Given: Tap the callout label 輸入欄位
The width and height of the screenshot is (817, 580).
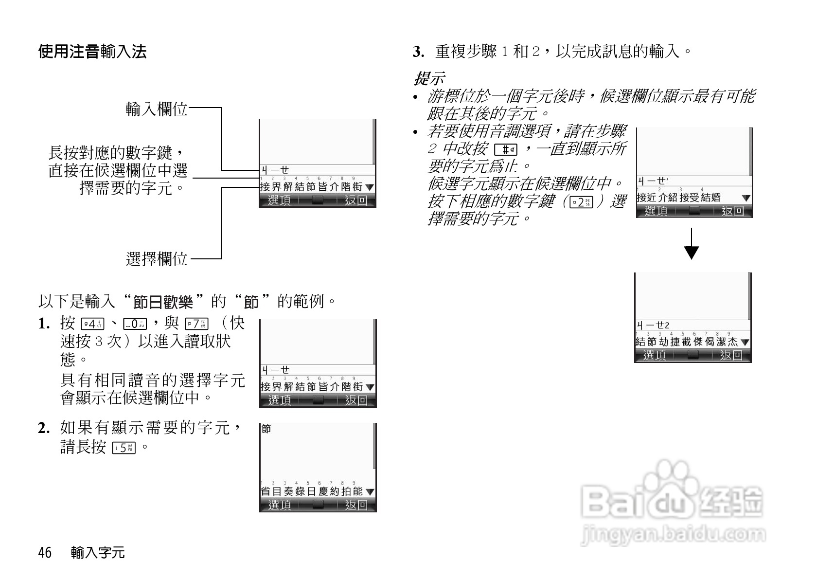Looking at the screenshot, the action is point(156,109).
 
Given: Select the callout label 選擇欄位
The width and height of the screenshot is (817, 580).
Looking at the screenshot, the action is point(156,259).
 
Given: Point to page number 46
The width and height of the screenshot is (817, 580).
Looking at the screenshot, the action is point(45,553).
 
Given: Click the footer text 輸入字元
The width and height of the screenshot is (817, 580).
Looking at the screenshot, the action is point(98,553).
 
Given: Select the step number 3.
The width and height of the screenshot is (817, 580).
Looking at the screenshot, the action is point(417,52).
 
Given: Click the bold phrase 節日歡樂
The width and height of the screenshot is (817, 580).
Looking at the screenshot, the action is point(163,302).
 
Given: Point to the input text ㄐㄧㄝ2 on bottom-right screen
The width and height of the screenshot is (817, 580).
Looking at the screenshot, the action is point(654,325).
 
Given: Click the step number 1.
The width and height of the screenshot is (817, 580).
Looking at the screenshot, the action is point(43,324).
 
